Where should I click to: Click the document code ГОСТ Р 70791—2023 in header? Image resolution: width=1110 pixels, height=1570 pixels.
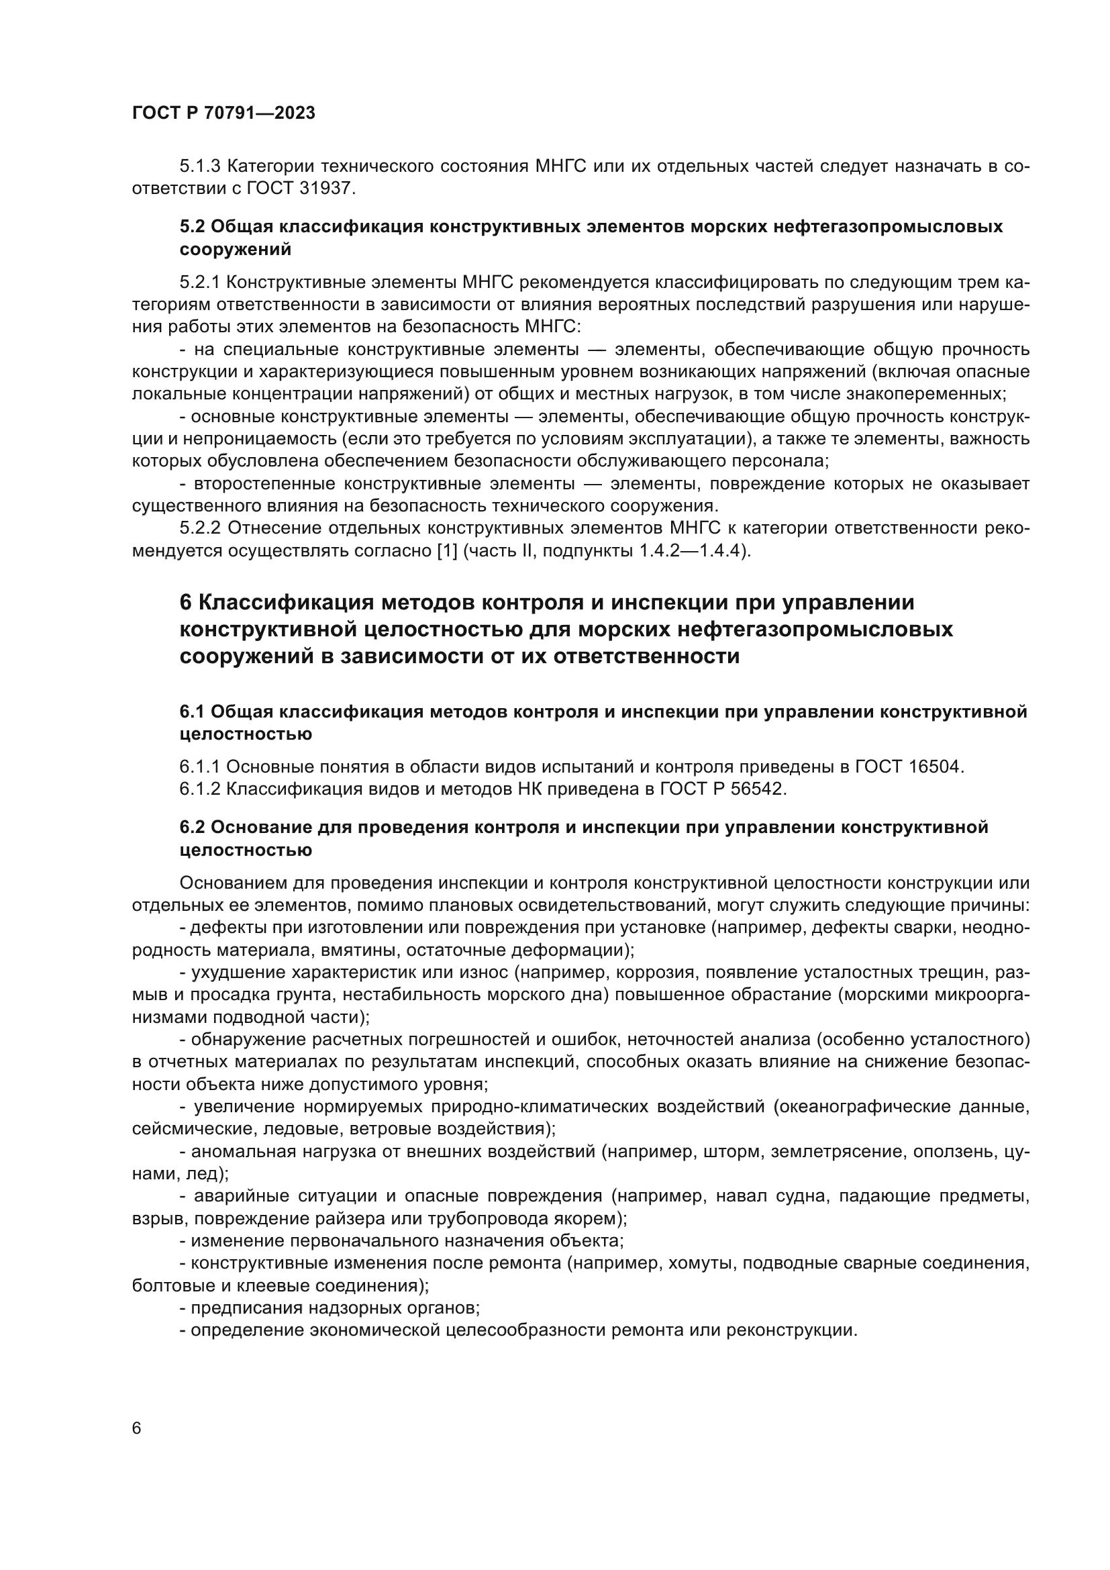click(x=223, y=113)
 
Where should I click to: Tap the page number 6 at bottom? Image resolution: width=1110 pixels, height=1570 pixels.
click(x=137, y=1428)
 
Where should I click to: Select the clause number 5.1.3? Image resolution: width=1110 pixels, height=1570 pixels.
click(x=199, y=166)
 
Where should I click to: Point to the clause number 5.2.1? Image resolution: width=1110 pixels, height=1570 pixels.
click(x=199, y=283)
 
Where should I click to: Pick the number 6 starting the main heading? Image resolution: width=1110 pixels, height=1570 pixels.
click(x=186, y=602)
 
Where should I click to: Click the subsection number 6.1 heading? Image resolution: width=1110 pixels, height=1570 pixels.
click(x=191, y=712)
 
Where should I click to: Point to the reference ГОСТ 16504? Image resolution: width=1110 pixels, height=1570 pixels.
click(x=909, y=767)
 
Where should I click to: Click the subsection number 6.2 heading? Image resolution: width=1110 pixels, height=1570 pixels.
click(x=191, y=828)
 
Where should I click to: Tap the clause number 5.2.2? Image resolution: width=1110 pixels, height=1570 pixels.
click(x=199, y=528)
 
